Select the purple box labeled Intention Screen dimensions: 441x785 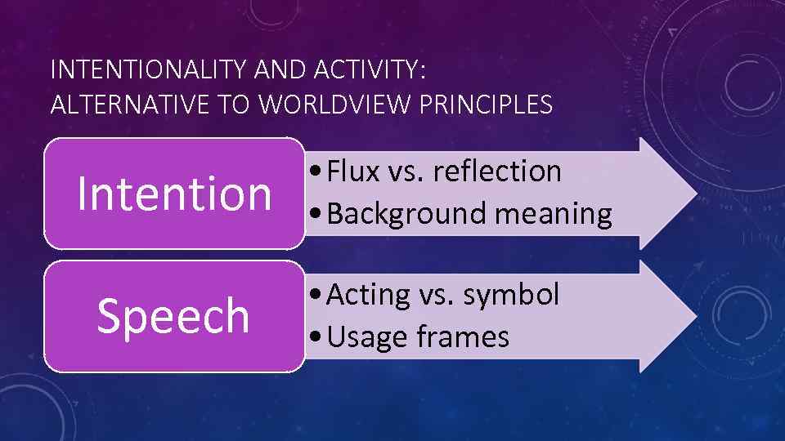pos(173,194)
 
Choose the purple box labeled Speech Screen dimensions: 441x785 pos(173,316)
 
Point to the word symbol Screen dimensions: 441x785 pos(512,294)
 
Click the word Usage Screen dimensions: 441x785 pos(364,336)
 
